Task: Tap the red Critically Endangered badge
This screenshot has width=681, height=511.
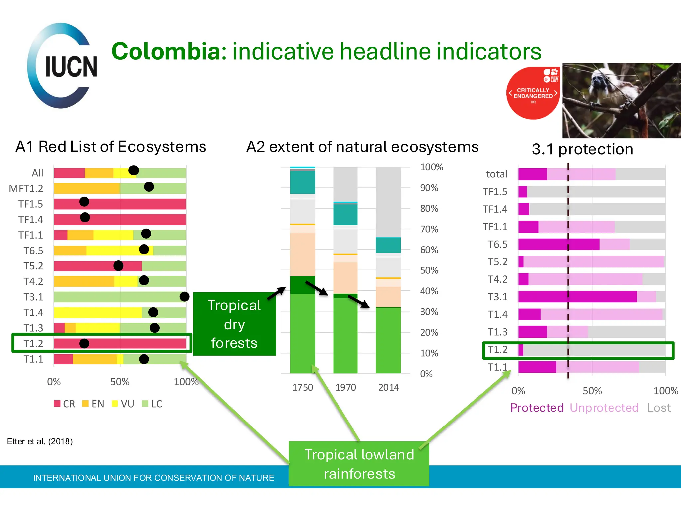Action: coord(533,93)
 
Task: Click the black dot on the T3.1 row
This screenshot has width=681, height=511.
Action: coord(184,296)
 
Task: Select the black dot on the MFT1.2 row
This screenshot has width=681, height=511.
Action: coord(149,187)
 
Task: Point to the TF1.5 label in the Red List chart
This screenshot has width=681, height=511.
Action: coord(31,204)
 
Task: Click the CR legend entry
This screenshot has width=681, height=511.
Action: coord(65,404)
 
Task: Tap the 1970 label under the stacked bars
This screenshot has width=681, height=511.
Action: coord(345,387)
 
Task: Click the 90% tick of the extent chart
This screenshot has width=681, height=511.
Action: coord(429,188)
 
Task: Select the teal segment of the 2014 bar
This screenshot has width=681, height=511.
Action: coord(388,245)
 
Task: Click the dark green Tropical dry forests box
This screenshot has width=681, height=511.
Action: coord(234,324)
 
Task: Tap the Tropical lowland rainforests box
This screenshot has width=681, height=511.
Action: coord(359,464)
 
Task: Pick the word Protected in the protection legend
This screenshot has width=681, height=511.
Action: coord(537,408)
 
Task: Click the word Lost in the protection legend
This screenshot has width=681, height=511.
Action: coord(659,408)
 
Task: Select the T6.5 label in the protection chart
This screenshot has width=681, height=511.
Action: coord(497,244)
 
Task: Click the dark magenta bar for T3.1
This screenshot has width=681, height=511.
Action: coord(577,297)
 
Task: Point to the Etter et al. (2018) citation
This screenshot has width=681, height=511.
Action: coord(40,441)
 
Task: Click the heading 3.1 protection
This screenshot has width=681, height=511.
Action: coord(583,149)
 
